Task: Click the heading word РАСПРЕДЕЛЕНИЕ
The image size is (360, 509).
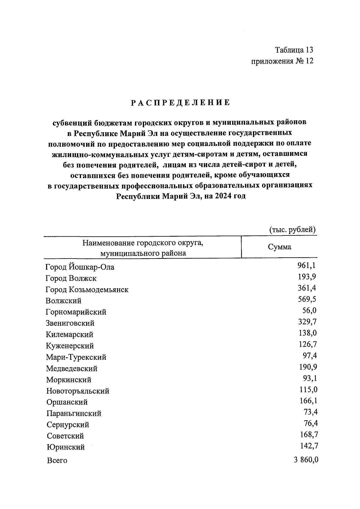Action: pyautogui.click(x=181, y=103)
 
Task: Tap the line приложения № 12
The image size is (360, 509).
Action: pyautogui.click(x=282, y=61)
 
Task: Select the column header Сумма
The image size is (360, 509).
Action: pyautogui.click(x=279, y=247)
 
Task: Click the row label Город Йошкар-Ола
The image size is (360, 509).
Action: pyautogui.click(x=80, y=267)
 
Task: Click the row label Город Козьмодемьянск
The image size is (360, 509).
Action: pyautogui.click(x=87, y=289)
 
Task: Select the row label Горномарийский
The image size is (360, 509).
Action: pyautogui.click(x=76, y=312)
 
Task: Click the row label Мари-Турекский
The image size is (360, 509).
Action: pyautogui.click(x=76, y=357)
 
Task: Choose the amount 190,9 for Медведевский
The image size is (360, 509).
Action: pyautogui.click(x=308, y=367)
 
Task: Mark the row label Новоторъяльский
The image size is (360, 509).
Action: pyautogui.click(x=78, y=391)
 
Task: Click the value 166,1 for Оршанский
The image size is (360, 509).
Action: pyautogui.click(x=308, y=401)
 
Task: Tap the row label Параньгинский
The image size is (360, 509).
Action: pyautogui.click(x=74, y=414)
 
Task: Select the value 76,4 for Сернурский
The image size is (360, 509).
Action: pyautogui.click(x=310, y=423)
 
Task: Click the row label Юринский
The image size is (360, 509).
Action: pyautogui.click(x=66, y=447)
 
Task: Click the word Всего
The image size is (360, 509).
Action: pyautogui.click(x=57, y=460)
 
